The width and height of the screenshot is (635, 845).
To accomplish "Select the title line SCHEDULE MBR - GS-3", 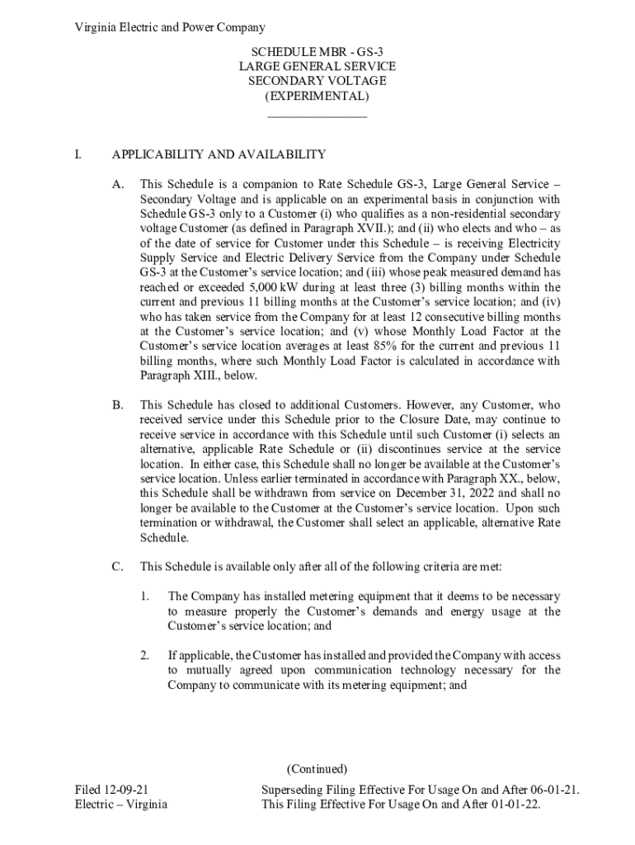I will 317,51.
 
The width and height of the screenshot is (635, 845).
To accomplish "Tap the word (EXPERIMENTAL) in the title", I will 317,97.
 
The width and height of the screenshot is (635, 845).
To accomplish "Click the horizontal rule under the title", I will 317,116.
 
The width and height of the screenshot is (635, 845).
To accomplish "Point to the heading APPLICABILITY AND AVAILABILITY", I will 219,154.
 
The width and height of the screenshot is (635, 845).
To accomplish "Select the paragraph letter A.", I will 119,184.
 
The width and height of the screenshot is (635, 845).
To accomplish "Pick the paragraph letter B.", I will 119,405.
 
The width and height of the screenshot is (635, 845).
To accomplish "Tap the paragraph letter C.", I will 119,567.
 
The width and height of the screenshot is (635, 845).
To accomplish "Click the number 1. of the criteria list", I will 145,597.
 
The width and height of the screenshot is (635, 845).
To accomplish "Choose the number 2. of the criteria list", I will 145,655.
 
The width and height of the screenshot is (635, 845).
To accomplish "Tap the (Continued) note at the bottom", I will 317,769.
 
